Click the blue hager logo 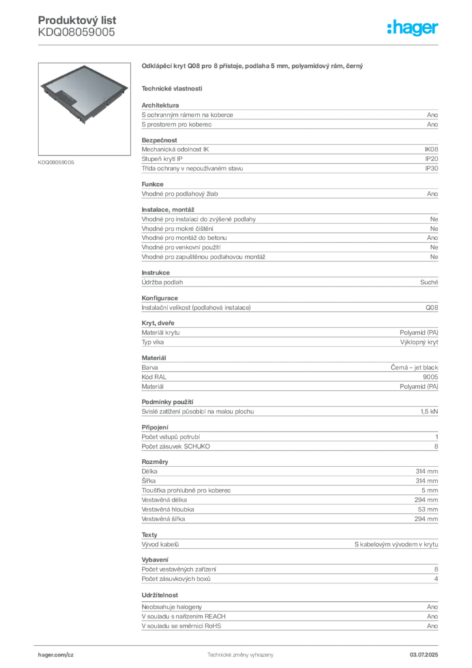tap(414, 28)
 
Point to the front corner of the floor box tap(83, 125)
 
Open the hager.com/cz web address tap(57, 654)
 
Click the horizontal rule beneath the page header tap(239, 44)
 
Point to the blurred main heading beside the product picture tap(253, 66)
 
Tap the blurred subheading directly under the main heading tap(172, 88)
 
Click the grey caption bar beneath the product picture tap(57, 162)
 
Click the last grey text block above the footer tap(289, 617)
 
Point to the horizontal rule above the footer tap(239, 642)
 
